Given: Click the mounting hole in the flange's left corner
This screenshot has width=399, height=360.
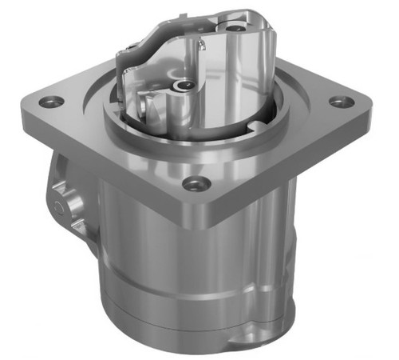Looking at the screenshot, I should pos(52,102).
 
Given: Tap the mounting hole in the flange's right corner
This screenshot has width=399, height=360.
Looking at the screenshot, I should pos(341,102).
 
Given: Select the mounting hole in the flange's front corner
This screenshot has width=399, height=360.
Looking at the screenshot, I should pos(192,183).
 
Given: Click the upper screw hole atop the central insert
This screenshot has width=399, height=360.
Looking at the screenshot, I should pos(236,27).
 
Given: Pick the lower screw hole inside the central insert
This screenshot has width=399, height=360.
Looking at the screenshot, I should pos(185,84).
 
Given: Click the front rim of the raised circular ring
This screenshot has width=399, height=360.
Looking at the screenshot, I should pos(192,148).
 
